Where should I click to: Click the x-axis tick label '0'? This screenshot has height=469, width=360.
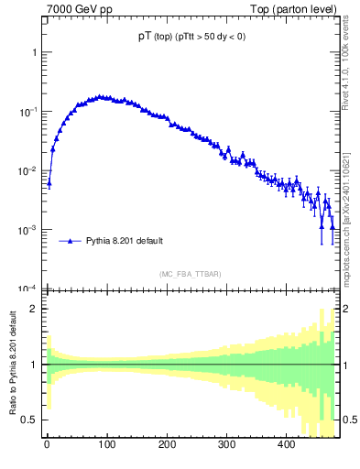tap(47, 444)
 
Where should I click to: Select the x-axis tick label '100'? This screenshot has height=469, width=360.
tap(106, 444)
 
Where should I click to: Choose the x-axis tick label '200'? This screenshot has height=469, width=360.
tap(167, 444)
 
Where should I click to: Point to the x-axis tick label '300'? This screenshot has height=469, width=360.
tap(226, 444)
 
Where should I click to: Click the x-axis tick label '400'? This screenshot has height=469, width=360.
tap(286, 444)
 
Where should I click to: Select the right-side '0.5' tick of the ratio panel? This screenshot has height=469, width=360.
tap(349, 420)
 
